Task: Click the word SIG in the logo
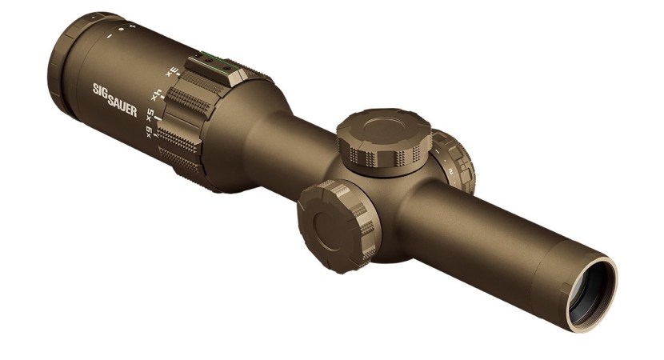tap(102, 91)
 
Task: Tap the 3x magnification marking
tap(170, 72)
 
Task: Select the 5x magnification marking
tap(150, 115)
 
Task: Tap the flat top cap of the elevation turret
tap(378, 128)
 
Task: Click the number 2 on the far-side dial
tap(452, 171)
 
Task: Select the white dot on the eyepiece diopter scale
tap(120, 30)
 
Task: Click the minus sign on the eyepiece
tap(108, 35)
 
